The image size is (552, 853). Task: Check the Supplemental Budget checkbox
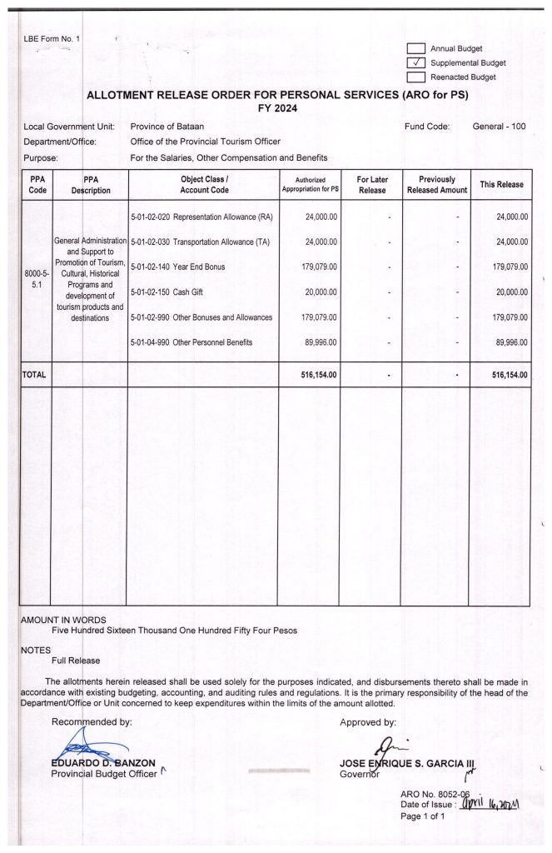point(416,62)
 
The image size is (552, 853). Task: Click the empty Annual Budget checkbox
point(416,48)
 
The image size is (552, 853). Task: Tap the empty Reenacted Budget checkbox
point(416,77)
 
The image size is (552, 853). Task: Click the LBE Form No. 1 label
point(52,39)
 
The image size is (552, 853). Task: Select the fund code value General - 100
point(499,127)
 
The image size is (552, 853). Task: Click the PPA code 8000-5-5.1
point(35,279)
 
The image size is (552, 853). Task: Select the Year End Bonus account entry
point(178,267)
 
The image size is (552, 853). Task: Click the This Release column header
point(500,185)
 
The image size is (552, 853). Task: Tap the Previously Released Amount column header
point(437,185)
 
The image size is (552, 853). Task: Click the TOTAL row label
point(34,375)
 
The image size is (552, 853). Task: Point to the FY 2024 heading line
point(277,108)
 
